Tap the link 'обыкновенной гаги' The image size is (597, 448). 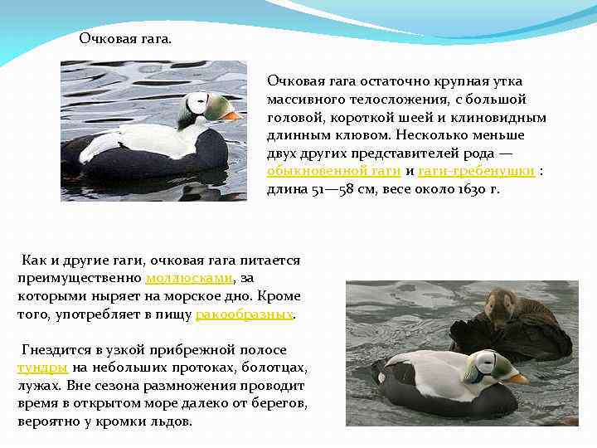coord(333,170)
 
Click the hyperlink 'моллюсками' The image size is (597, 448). coord(189,278)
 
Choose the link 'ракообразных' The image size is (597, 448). coord(245,314)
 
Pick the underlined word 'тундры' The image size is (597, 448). coord(42,368)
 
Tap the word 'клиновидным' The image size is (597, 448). coord(502,116)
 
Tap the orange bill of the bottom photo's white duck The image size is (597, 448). coord(517,377)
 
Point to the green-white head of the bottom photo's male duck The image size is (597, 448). coord(485,365)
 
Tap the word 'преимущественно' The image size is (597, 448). coord(80,278)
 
